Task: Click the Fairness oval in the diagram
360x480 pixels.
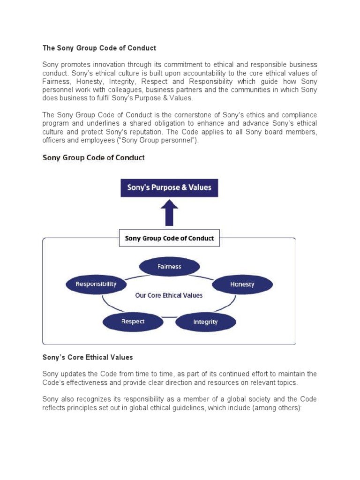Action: click(x=169, y=267)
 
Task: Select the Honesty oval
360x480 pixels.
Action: click(x=242, y=284)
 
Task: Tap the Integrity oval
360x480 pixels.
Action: click(x=205, y=322)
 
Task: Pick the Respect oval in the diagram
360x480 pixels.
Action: click(x=133, y=322)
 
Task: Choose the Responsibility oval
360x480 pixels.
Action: click(x=96, y=284)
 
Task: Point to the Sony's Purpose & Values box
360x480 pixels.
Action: click(x=169, y=188)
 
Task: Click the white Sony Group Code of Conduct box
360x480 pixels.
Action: click(x=169, y=238)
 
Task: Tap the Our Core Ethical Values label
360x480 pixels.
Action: click(x=169, y=295)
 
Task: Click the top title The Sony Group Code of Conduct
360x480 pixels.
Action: click(x=99, y=48)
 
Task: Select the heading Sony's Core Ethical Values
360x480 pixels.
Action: click(x=88, y=357)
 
